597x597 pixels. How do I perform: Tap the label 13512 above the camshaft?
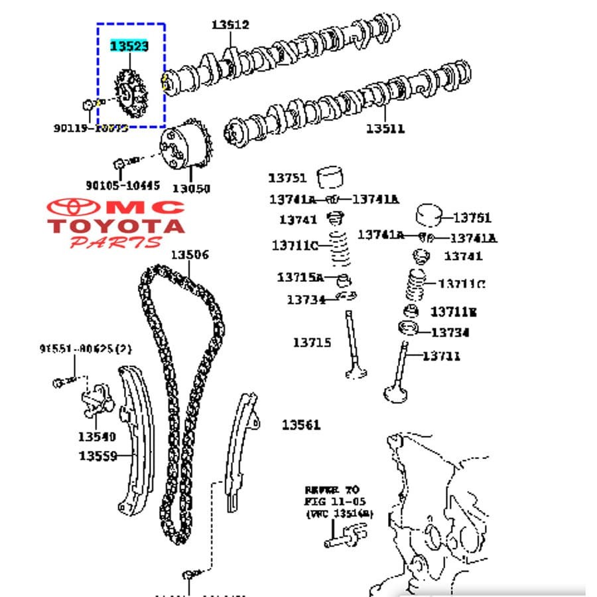tap(230, 25)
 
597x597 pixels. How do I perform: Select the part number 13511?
tap(385, 129)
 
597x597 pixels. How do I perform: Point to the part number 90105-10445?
tap(123, 186)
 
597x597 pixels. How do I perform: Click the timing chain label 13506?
tap(189, 255)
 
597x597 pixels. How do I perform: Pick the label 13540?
tap(96, 436)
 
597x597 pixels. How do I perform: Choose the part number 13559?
tap(98, 456)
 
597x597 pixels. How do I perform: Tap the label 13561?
tap(300, 425)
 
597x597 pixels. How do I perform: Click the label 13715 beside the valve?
tap(312, 342)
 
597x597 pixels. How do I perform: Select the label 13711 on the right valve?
tap(441, 356)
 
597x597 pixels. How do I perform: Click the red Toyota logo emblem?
tap(74, 208)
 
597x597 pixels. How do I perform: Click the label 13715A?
tap(300, 277)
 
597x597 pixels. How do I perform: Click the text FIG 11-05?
tap(335, 501)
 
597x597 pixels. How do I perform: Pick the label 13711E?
tap(454, 311)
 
